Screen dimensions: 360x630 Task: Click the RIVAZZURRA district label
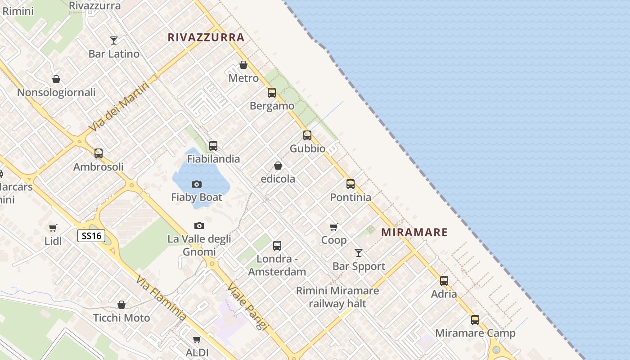206,37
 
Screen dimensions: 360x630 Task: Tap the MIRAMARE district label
414,232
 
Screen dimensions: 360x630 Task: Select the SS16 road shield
91,236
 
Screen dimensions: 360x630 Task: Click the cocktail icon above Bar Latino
114,40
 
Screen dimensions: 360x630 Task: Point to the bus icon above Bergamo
272,93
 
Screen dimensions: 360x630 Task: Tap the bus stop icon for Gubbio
307,135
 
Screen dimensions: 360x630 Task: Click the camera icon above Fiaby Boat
197,184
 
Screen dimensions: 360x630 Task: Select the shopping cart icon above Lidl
53,228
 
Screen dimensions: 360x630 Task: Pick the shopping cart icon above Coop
333,227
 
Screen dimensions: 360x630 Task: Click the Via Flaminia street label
161,298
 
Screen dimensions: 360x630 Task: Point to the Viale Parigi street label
247,306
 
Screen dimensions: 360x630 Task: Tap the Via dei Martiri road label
119,106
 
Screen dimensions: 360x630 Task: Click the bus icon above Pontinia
351,184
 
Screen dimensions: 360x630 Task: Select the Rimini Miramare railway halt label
337,297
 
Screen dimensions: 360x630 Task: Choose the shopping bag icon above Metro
243,65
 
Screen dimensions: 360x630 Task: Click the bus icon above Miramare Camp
475,320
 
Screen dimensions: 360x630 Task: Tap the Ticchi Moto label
121,318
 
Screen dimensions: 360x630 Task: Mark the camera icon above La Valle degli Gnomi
199,225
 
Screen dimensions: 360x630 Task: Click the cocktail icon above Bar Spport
359,253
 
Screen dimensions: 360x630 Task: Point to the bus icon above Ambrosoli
99,153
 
